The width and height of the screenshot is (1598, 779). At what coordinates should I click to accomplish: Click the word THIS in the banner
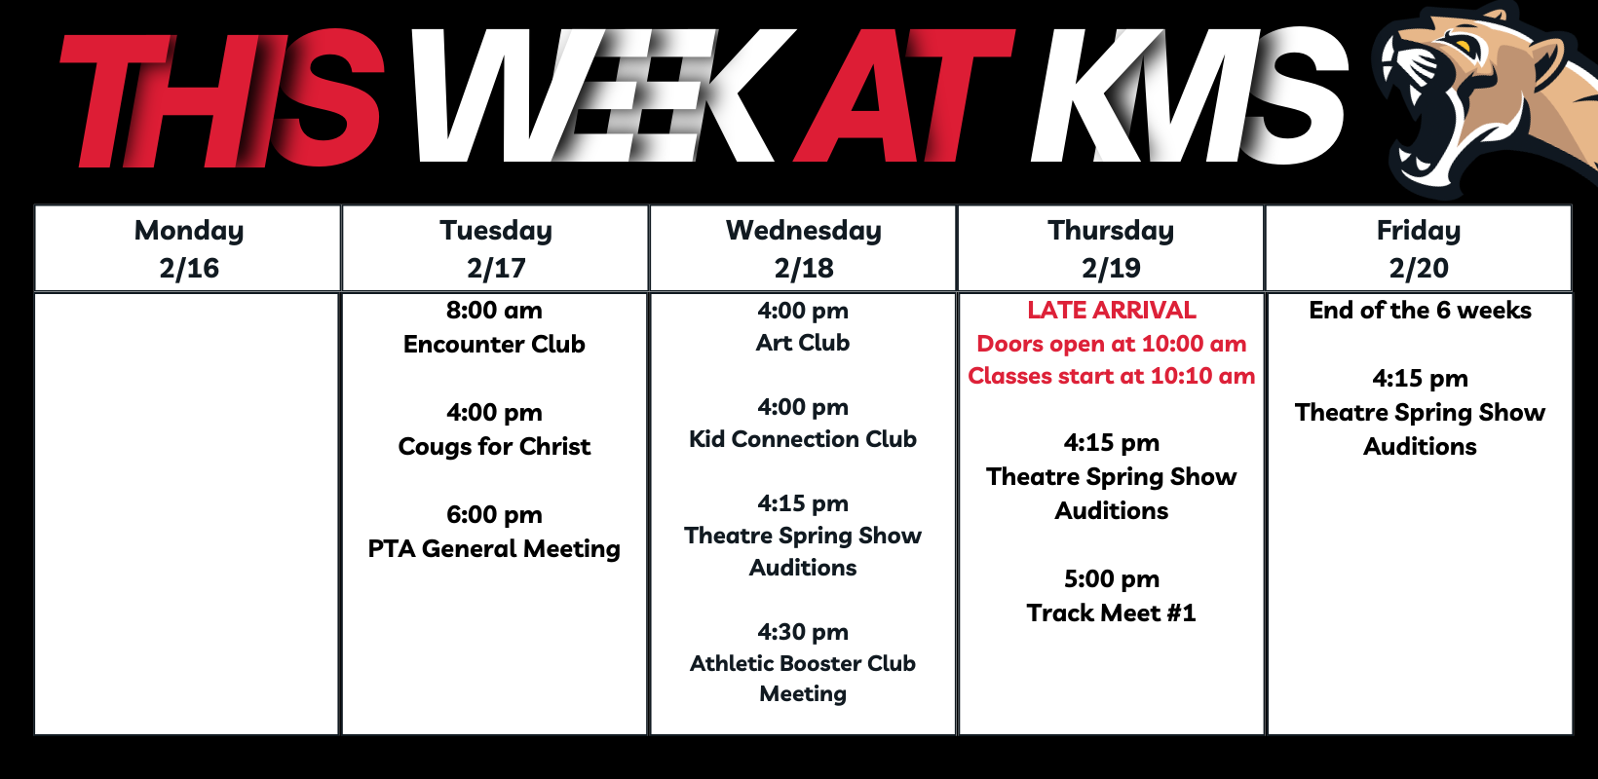click(221, 99)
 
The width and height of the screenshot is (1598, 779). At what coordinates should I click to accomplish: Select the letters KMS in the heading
click(1189, 96)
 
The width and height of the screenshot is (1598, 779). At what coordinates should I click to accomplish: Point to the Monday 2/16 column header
click(188, 248)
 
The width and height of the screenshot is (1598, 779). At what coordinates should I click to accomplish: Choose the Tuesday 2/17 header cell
click(496, 248)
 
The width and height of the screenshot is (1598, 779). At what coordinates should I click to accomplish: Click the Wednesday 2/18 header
click(803, 248)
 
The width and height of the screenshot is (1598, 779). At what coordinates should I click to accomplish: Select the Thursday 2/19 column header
click(1111, 248)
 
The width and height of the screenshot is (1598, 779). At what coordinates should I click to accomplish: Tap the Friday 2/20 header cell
click(1419, 248)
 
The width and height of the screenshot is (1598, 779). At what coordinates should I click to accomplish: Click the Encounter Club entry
click(494, 345)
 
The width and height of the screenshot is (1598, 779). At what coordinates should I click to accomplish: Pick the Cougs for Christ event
click(494, 446)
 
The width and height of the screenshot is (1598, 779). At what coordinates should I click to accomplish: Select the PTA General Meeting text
click(494, 548)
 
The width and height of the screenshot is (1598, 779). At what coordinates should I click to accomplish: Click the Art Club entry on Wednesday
click(803, 343)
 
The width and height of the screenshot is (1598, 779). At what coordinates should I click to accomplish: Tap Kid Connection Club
click(803, 439)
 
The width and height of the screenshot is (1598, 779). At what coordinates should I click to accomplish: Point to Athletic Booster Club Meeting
click(803, 678)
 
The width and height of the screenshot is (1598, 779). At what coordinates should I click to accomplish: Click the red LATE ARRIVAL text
click(1112, 310)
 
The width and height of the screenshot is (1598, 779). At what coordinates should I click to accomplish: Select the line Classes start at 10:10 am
click(1112, 376)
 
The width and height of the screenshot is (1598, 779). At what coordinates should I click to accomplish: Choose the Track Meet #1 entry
click(1112, 612)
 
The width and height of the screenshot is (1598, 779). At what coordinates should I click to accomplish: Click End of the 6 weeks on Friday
click(1421, 310)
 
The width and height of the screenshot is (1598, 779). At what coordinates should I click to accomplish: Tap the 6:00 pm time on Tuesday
click(494, 514)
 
